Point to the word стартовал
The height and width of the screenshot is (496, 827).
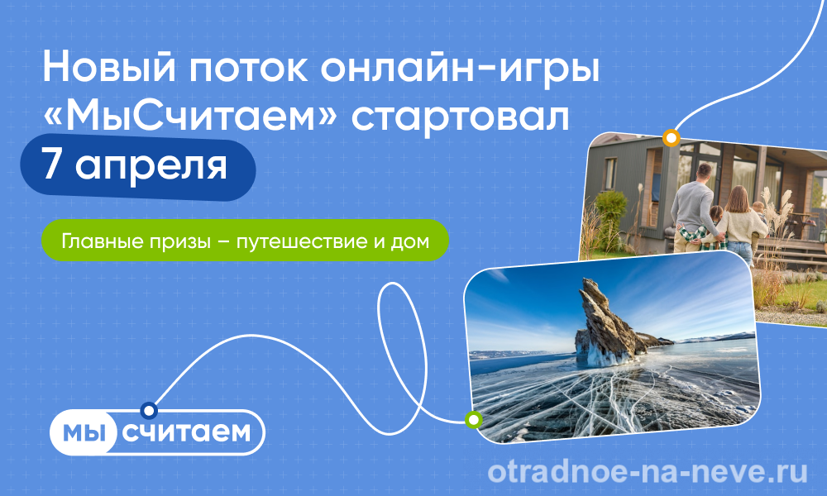tap(461, 117)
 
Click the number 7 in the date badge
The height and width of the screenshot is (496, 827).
tap(53, 165)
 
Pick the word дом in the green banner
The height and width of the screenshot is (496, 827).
tap(410, 242)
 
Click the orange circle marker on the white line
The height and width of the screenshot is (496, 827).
tap(671, 138)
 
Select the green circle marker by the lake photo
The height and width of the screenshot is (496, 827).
tap(474, 420)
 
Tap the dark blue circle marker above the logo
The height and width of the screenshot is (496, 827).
tap(149, 410)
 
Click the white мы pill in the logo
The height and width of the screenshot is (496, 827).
tap(83, 432)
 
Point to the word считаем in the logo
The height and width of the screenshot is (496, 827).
tap(186, 432)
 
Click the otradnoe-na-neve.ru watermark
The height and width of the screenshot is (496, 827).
tap(648, 472)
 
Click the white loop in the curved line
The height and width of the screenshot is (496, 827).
tap(402, 359)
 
